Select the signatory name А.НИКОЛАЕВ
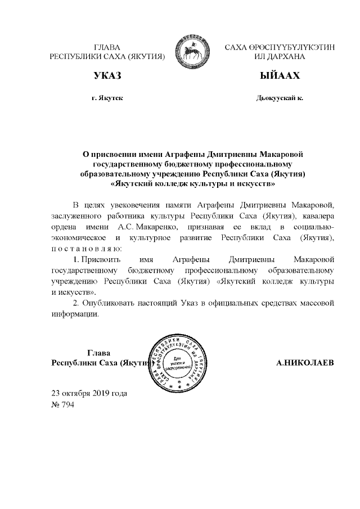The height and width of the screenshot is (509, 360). pyautogui.click(x=305, y=363)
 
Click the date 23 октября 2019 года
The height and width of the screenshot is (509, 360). pyautogui.click(x=89, y=393)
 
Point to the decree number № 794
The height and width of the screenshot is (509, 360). pyautogui.click(x=62, y=403)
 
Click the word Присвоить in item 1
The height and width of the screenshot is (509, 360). pyautogui.click(x=97, y=259)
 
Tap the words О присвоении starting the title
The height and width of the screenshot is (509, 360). pyautogui.click(x=109, y=153)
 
